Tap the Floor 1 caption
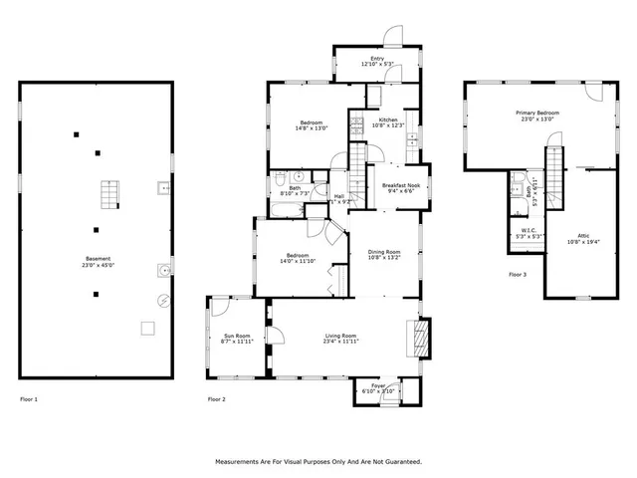point(29,399)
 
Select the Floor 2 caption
point(216,399)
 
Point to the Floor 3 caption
point(518,274)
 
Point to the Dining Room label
point(384,254)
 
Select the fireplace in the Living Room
point(422,338)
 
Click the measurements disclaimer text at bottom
point(318,461)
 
